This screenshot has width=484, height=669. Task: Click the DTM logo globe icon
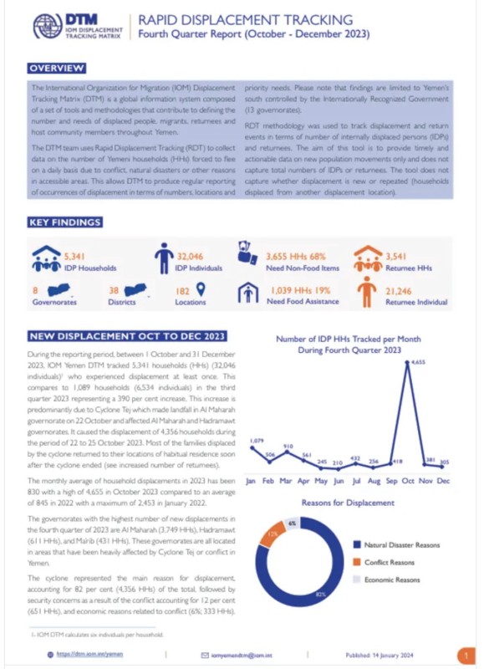point(48,27)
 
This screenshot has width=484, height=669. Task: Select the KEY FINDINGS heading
point(65,222)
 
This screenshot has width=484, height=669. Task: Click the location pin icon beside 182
point(201,289)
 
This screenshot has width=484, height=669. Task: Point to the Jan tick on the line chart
point(251,481)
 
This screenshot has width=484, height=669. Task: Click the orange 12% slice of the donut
point(272,533)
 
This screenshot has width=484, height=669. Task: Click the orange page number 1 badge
point(465,654)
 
